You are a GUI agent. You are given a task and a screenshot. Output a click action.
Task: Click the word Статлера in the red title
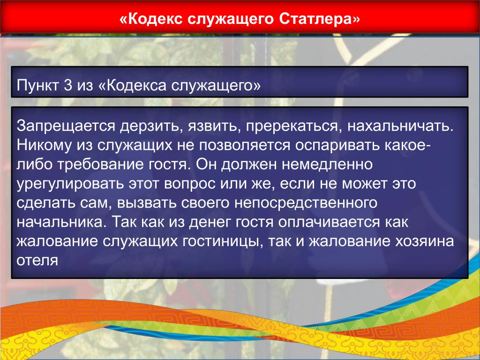pos(319,19)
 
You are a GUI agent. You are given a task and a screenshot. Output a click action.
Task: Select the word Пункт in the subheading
pos(37,85)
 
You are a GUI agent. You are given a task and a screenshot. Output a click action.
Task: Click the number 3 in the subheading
pos(68,85)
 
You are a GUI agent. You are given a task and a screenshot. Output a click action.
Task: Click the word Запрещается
pos(66,126)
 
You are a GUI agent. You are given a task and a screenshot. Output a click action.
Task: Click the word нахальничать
pos(400,126)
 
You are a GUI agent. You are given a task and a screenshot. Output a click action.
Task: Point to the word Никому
pos(44,145)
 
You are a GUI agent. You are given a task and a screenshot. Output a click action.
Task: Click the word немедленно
pos(327,165)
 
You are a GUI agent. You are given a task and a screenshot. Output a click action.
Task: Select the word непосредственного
pos(306,203)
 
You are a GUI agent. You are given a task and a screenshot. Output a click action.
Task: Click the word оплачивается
pos(329,222)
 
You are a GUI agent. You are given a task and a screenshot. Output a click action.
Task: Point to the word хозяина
pos(424,241)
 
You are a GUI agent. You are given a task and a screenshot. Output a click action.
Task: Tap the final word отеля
pos(37,261)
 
